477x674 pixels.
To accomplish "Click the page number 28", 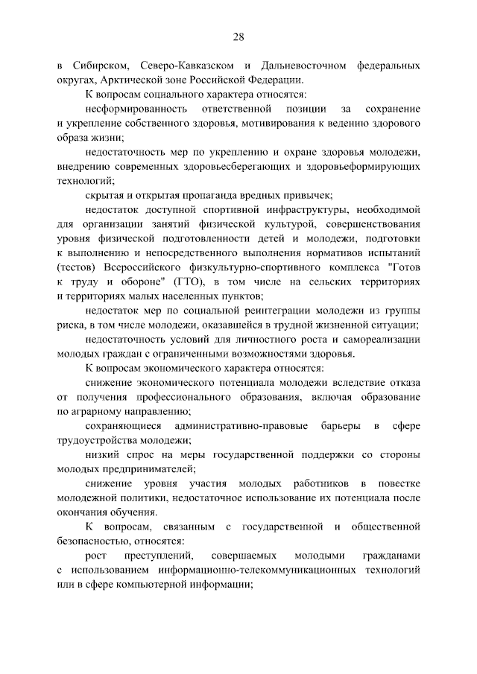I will point(238,37).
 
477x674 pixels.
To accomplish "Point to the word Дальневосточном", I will point(307,66).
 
